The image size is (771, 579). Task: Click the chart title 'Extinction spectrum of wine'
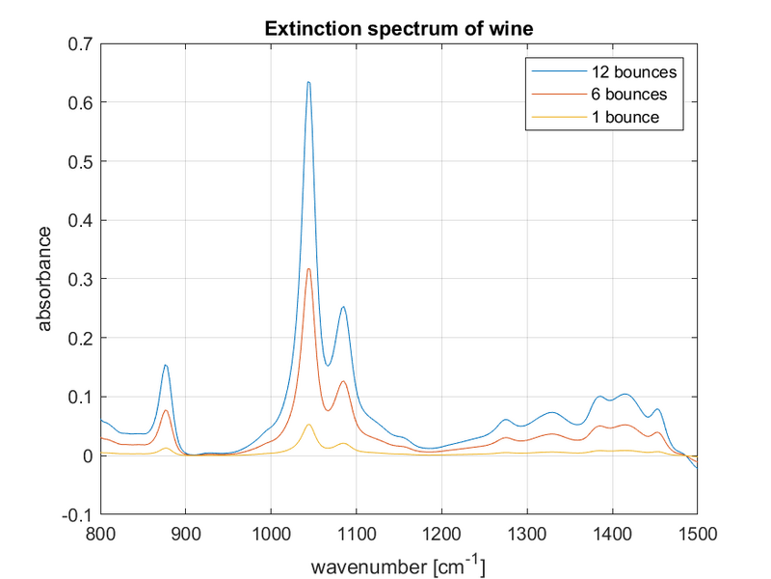398,30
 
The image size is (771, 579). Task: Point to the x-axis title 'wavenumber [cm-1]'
398,561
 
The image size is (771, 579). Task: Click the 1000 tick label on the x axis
271,532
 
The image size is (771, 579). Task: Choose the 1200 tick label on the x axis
441,532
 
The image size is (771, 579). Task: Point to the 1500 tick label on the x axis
697,532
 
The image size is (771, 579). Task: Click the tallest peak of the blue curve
308,82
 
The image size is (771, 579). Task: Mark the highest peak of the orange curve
308,269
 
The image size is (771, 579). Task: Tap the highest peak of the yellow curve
308,425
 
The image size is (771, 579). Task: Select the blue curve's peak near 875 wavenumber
166,365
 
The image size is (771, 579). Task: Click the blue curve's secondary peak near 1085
343,307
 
